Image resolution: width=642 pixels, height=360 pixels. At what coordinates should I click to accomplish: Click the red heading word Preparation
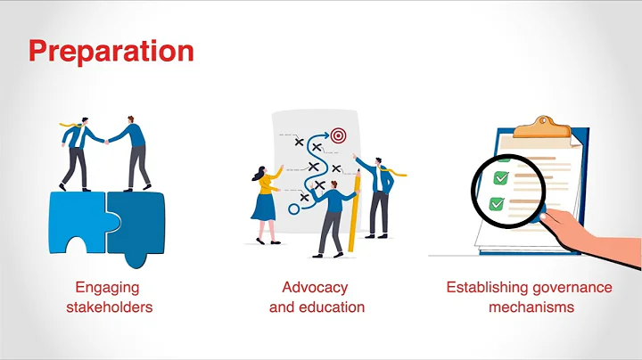click(x=111, y=50)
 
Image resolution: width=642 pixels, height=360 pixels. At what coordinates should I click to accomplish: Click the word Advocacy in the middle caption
click(x=315, y=288)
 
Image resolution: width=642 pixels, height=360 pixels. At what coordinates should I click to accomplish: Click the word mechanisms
click(x=530, y=307)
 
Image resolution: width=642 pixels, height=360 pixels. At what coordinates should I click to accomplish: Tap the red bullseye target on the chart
click(x=338, y=136)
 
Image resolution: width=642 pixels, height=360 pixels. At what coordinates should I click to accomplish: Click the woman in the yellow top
click(x=265, y=200)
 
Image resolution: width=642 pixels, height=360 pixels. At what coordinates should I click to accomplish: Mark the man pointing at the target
click(x=379, y=192)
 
